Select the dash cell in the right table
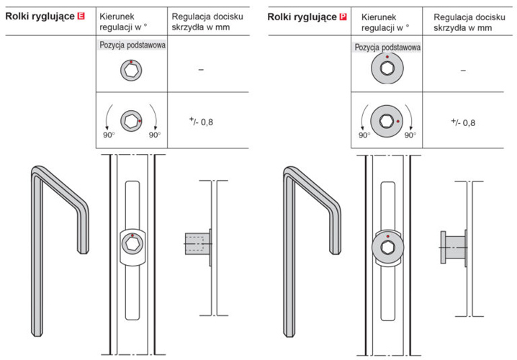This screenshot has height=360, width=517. [462, 70]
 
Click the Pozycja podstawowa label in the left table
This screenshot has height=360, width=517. [132, 45]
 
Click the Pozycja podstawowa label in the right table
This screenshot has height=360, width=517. [387, 47]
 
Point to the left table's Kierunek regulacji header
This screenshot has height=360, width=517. [125, 21]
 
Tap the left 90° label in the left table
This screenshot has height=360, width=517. [109, 135]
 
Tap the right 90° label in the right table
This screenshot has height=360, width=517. [410, 135]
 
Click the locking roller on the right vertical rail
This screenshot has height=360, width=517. [387, 247]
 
